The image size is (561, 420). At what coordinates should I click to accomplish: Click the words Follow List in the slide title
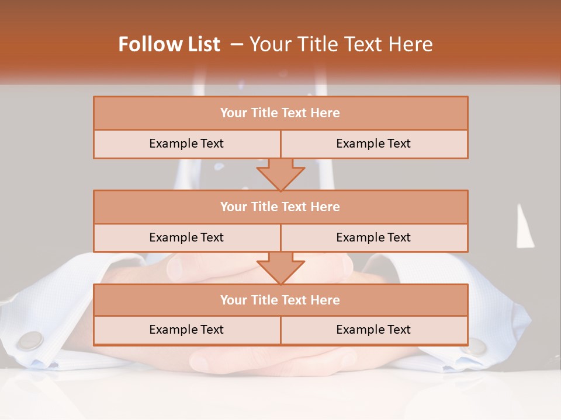(169, 44)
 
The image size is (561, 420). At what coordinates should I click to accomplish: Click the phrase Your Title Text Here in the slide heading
(341, 44)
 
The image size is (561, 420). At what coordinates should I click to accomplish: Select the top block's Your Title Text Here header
(280, 113)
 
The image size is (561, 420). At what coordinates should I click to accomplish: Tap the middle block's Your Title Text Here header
(280, 206)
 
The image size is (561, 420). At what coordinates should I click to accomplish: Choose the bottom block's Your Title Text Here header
(280, 300)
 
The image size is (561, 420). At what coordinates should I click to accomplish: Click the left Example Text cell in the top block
(186, 143)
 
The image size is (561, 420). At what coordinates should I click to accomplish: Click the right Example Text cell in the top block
(374, 143)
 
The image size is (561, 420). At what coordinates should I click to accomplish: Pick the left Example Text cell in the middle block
(186, 237)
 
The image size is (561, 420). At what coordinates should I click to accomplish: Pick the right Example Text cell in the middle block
(374, 237)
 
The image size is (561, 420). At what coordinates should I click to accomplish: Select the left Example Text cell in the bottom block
(186, 330)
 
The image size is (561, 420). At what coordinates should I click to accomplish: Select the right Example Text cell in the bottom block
(374, 330)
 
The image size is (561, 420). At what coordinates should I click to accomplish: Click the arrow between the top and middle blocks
(280, 174)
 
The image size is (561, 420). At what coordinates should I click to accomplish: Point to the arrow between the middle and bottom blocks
(280, 268)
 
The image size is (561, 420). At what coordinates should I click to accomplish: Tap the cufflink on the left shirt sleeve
(30, 341)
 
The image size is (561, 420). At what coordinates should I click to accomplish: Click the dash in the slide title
(237, 44)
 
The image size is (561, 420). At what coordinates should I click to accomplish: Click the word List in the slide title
(203, 44)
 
